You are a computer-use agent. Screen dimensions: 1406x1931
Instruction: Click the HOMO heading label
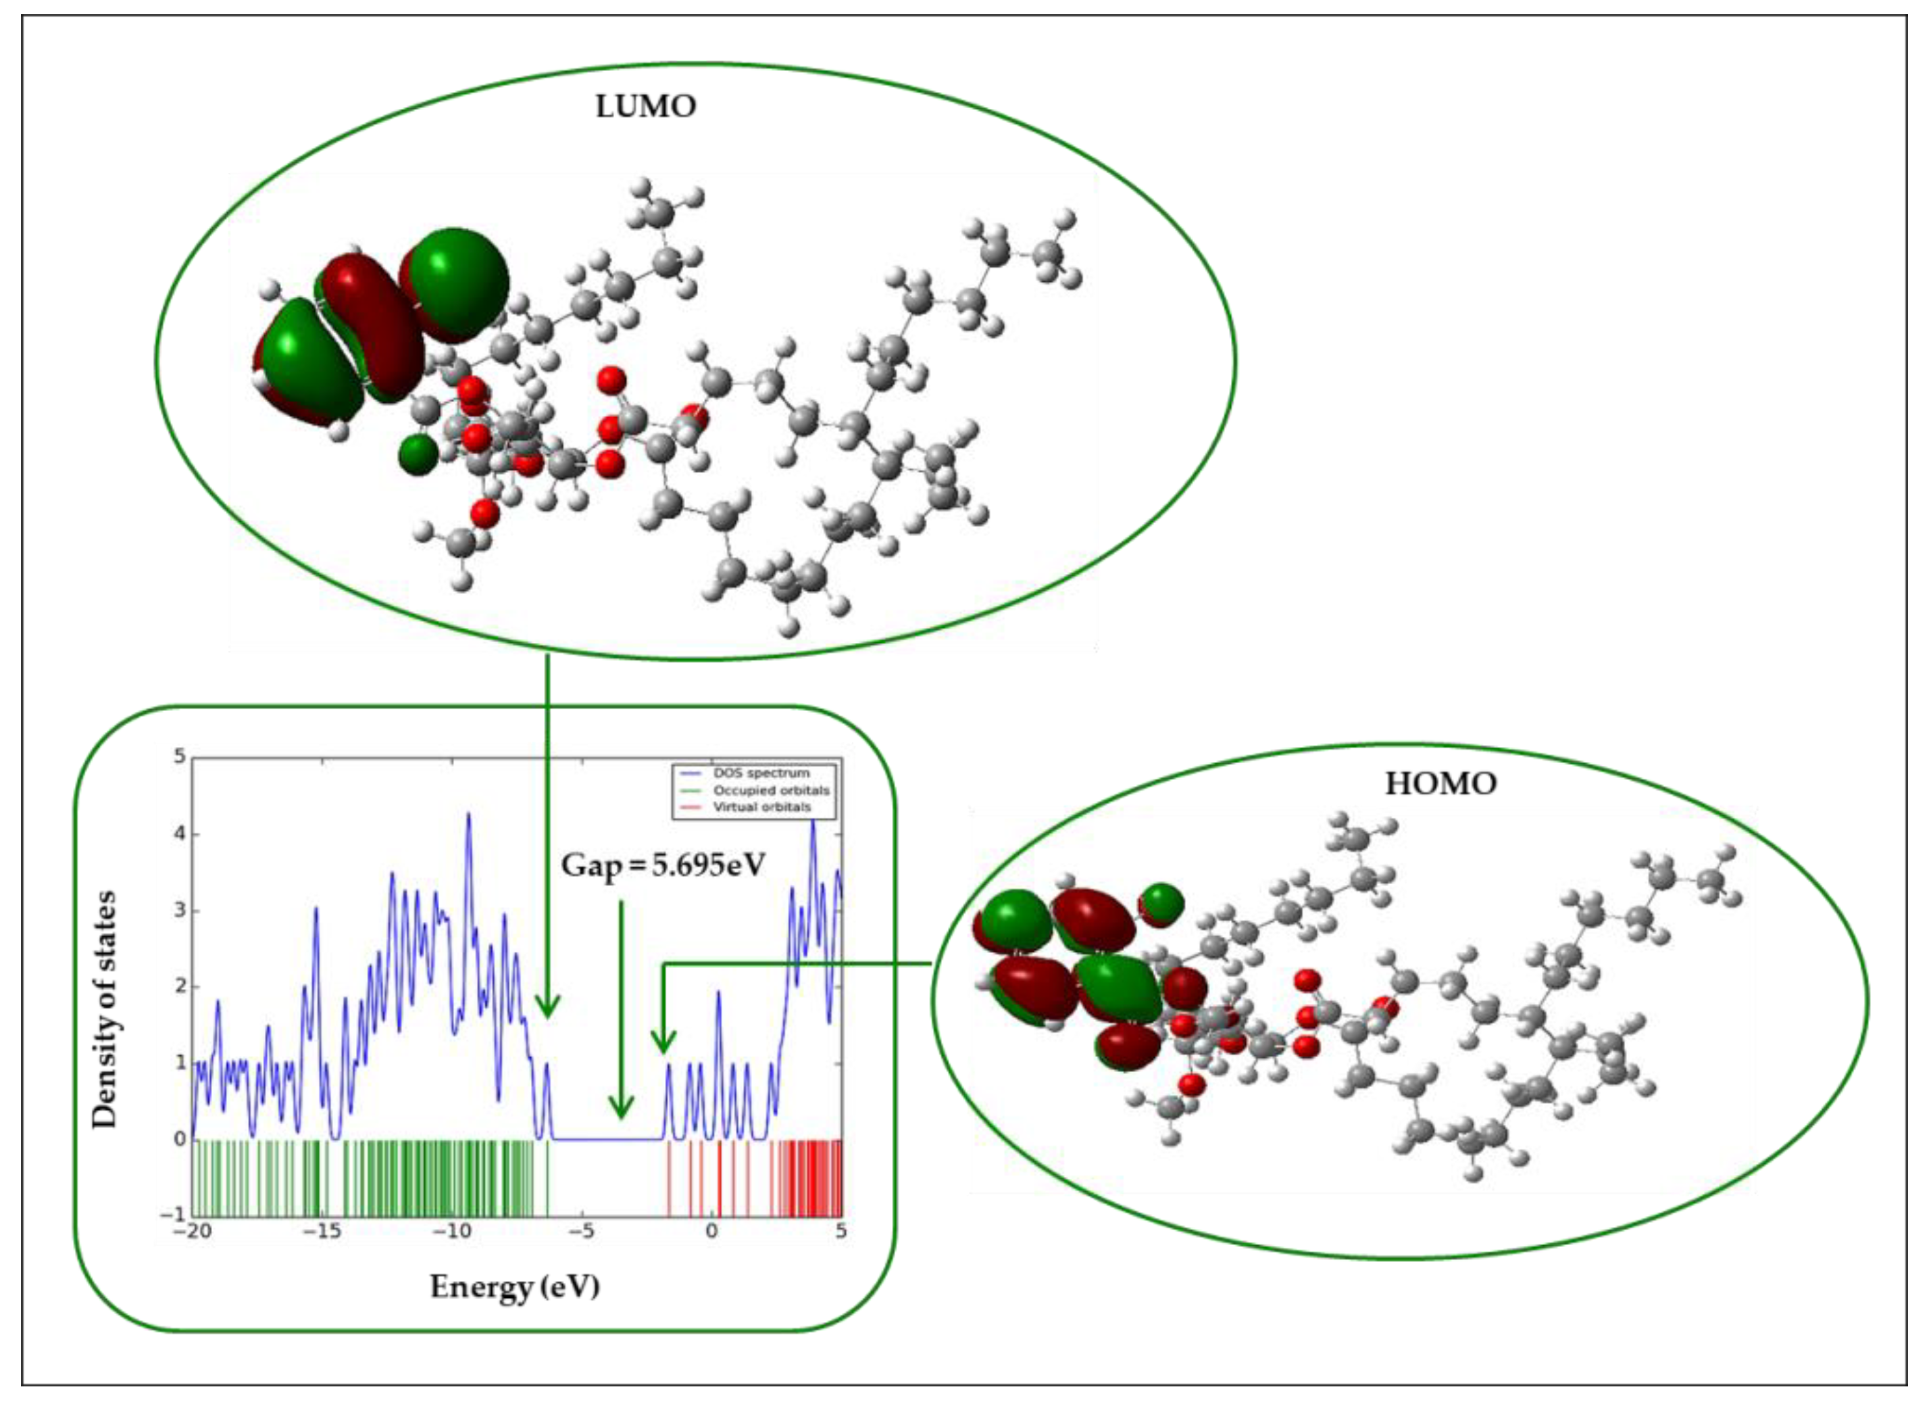pos(1440,783)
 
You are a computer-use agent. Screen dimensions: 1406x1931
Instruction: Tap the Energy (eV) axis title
pos(514,1286)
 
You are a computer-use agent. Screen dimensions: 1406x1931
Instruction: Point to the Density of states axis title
pos(104,1009)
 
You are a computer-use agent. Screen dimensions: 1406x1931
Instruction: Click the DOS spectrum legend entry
pos(760,773)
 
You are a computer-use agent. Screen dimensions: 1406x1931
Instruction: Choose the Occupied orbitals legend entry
pos(770,790)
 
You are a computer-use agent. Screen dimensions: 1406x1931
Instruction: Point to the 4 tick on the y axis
pos(179,833)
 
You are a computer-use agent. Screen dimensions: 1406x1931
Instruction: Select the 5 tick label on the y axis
pos(179,757)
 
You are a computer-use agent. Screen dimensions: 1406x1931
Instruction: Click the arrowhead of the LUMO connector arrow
pos(547,1007)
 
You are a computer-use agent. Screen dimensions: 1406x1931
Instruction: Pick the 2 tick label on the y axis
pos(179,986)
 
